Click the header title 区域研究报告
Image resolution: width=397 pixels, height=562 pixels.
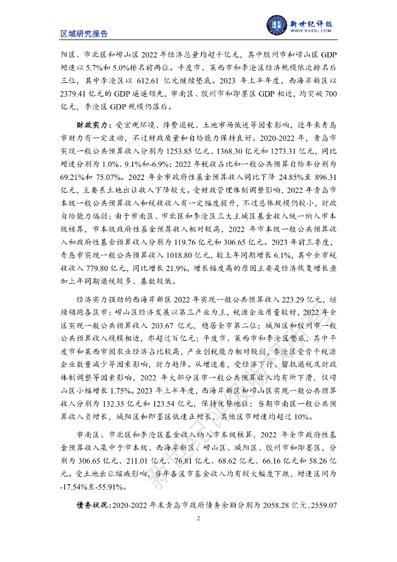(84, 33)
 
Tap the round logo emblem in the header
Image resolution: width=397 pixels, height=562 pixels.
(277, 24)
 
